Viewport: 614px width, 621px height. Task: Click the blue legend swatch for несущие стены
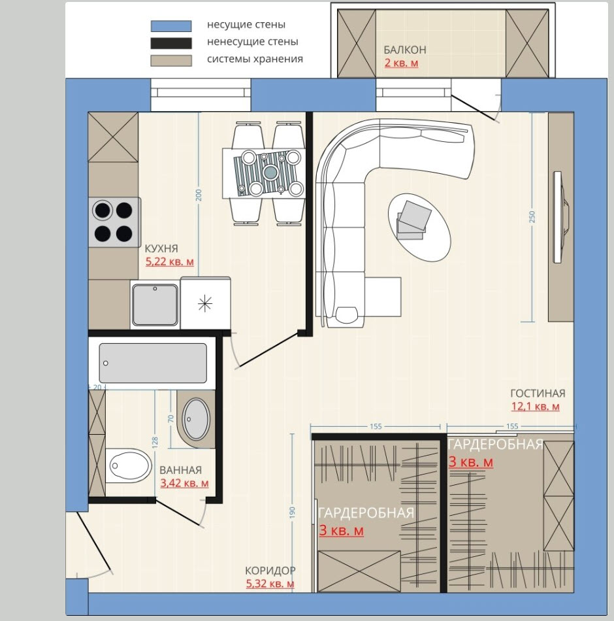(x=171, y=26)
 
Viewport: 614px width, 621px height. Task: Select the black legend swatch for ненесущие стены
(x=171, y=43)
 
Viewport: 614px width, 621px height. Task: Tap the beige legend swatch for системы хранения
(x=171, y=61)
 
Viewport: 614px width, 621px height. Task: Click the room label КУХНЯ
(x=161, y=248)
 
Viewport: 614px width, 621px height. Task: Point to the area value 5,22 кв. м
(x=170, y=261)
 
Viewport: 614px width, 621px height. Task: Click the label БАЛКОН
(x=404, y=50)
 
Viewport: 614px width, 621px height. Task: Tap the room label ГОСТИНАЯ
(x=538, y=394)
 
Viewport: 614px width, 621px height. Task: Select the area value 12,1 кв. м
(x=535, y=407)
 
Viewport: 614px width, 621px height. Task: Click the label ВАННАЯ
(x=180, y=470)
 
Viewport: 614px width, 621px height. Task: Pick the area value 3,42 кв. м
(x=184, y=483)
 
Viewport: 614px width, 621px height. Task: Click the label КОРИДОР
(x=270, y=571)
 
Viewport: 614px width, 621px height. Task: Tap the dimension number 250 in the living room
(x=532, y=216)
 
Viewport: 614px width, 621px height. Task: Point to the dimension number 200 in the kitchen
(x=199, y=195)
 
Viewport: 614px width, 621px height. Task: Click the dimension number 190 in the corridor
(x=293, y=512)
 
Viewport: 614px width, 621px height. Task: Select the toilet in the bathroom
(x=129, y=465)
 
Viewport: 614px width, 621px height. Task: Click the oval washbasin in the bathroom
(x=195, y=419)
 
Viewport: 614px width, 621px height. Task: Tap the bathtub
(x=153, y=363)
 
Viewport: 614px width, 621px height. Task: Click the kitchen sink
(x=155, y=304)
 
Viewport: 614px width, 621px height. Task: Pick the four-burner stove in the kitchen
(x=114, y=222)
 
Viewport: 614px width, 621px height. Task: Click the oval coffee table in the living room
(x=419, y=227)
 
